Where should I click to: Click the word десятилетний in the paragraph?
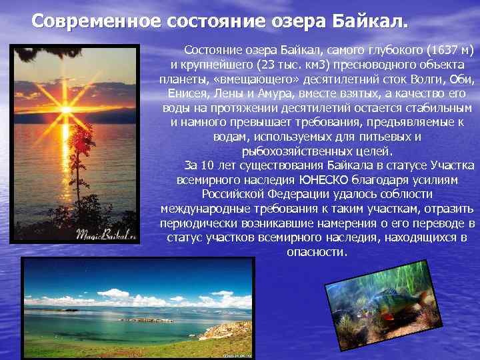[326, 79]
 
